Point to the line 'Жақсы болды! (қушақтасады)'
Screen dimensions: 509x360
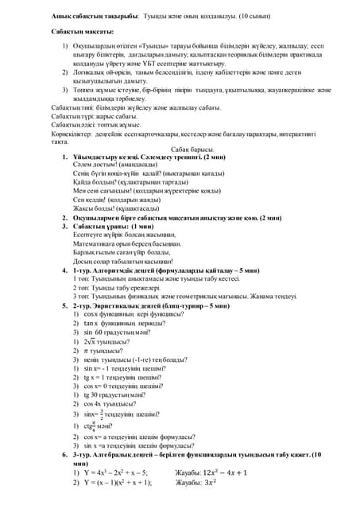(120, 208)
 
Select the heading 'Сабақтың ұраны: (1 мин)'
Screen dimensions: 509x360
(118, 226)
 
